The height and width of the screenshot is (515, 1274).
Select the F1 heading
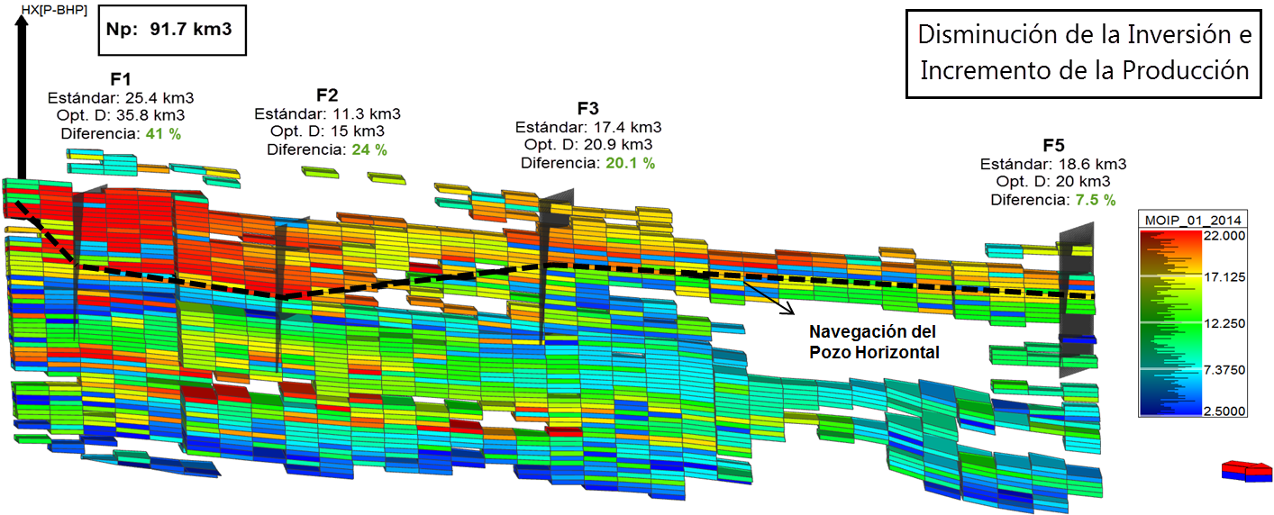121,79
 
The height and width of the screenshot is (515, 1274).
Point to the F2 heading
327,95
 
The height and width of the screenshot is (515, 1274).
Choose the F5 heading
1054,146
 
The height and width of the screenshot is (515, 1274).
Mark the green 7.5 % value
1094,199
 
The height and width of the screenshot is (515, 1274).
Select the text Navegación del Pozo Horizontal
872,342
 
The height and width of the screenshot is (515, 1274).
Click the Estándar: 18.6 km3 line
1052,164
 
